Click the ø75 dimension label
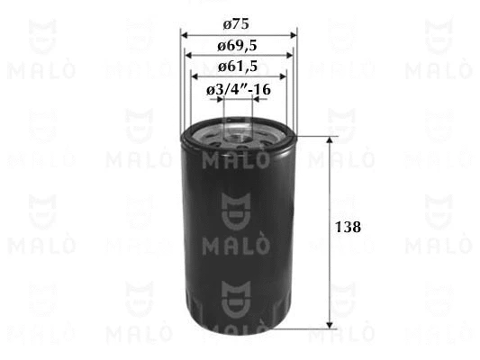pos(240,25)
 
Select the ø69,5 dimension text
pos(239,46)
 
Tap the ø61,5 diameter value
pos(239,66)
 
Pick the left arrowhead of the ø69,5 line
pos(189,56)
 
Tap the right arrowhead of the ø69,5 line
pos(288,56)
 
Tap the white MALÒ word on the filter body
pos(239,244)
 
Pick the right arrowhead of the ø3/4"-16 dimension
pos(257,99)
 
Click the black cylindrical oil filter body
pos(239,288)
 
